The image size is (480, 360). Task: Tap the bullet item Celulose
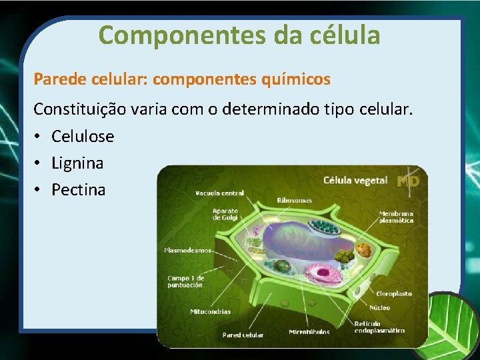point(83,137)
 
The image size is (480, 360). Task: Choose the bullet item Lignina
point(77,163)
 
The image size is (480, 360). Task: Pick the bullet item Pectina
point(78,190)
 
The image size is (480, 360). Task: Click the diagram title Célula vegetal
point(355,181)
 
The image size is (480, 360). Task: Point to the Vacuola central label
point(220,193)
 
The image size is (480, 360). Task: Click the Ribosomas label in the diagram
point(295,200)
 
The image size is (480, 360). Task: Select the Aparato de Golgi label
point(225,214)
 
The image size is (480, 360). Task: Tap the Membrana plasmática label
point(396,217)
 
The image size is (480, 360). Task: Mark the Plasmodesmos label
point(187,251)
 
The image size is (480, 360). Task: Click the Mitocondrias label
point(210,311)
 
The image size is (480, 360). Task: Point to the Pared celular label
point(243,335)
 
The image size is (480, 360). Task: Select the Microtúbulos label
point(309,332)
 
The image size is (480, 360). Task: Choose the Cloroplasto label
point(394,293)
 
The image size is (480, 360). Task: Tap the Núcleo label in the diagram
point(380,308)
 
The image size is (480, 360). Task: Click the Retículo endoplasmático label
point(379,327)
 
